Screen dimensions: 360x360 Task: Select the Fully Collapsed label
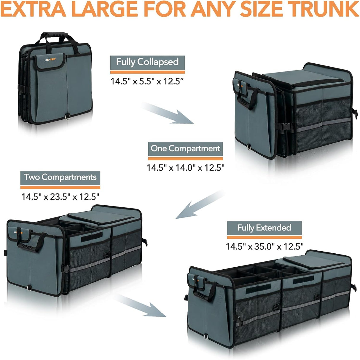point(147,62)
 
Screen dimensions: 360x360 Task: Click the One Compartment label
point(185,148)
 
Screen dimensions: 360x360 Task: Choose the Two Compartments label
point(60,177)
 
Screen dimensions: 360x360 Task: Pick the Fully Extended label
point(264,228)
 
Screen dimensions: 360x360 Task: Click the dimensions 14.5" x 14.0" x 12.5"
point(185,168)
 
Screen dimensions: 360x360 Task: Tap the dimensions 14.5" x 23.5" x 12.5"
point(60,196)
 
